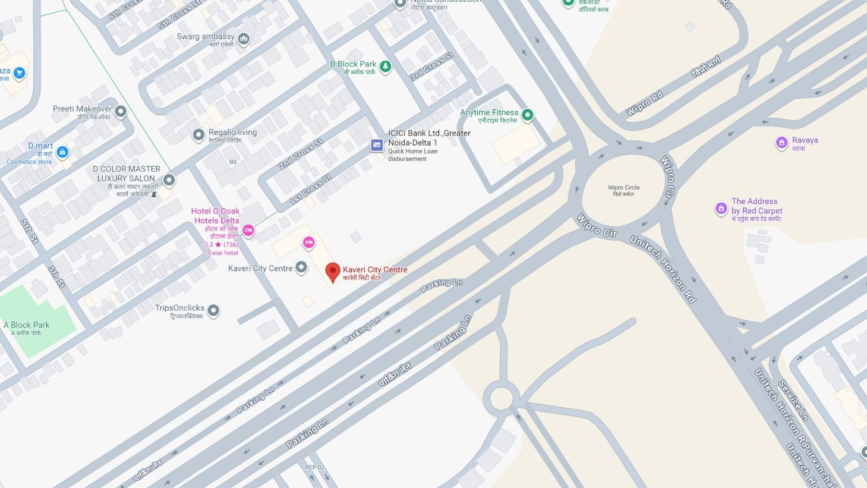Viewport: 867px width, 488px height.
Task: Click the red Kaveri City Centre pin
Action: [333, 272]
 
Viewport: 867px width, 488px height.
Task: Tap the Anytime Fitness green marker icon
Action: [527, 115]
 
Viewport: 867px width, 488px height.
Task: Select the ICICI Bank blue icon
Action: [377, 145]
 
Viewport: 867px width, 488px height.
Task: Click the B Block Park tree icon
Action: [386, 67]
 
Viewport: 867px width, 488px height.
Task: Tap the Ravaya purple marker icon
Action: [781, 143]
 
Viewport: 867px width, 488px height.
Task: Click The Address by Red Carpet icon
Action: [721, 209]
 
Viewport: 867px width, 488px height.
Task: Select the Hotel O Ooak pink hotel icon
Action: [248, 230]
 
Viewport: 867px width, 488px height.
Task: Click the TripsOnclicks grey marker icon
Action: [213, 310]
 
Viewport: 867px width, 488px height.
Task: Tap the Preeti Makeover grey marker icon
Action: [121, 111]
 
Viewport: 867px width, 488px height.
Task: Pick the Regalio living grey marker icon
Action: [198, 135]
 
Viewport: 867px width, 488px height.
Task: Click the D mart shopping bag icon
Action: [62, 152]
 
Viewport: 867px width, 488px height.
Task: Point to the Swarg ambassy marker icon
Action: [243, 39]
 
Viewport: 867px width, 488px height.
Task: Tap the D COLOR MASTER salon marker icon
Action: [169, 180]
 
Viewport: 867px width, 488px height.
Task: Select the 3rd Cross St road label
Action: [432, 67]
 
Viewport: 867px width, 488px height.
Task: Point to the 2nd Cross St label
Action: [301, 154]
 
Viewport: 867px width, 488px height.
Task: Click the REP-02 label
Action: [314, 467]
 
